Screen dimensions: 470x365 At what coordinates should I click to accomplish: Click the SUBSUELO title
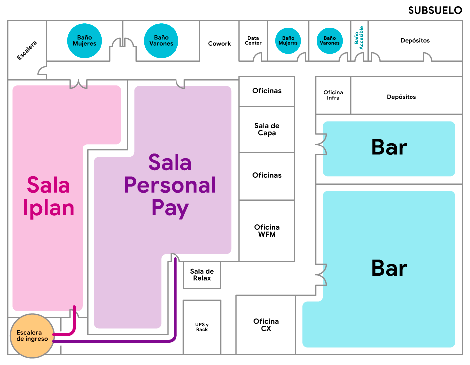click(435, 10)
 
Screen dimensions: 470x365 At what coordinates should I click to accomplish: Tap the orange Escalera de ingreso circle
click(32, 336)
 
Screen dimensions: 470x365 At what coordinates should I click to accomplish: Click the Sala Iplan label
click(49, 196)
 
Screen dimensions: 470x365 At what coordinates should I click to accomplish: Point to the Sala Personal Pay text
click(170, 185)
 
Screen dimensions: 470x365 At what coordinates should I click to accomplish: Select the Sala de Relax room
click(202, 275)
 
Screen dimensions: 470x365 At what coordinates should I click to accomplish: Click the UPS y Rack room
click(202, 327)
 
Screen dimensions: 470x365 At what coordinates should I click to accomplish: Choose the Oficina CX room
click(266, 325)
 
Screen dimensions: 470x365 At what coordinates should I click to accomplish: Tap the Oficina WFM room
click(267, 230)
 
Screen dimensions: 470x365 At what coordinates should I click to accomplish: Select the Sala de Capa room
click(267, 130)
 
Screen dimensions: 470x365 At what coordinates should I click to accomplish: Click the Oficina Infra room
click(333, 95)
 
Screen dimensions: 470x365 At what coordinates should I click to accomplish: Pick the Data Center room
click(253, 41)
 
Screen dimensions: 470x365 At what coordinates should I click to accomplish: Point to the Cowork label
click(220, 44)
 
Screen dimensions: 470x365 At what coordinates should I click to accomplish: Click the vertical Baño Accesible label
click(359, 38)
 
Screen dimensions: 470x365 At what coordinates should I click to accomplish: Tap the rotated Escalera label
click(27, 50)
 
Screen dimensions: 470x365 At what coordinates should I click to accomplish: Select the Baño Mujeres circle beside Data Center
click(288, 41)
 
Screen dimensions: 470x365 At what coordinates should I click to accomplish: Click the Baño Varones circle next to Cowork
click(161, 41)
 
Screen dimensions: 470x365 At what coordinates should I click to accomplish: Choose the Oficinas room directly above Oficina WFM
click(267, 176)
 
